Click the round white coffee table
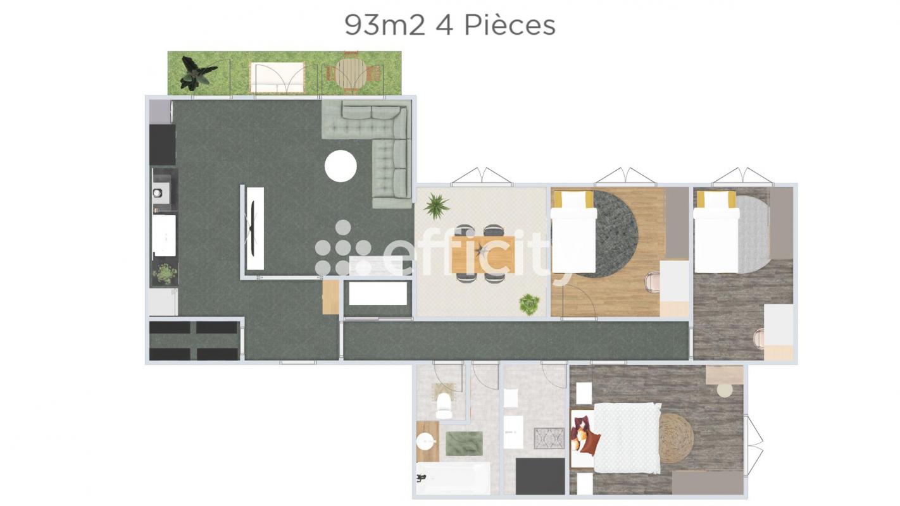click(x=341, y=166)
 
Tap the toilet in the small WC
click(x=444, y=405)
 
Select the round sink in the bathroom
click(x=426, y=442)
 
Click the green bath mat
click(x=464, y=444)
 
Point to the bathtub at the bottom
click(x=453, y=478)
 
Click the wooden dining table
click(x=484, y=255)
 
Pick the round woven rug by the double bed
click(x=676, y=438)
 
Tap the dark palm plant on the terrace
click(x=197, y=73)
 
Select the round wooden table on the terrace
click(x=351, y=73)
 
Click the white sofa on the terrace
click(x=277, y=77)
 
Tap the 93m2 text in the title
click(x=385, y=26)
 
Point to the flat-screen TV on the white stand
click(x=253, y=227)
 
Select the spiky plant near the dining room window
click(x=436, y=206)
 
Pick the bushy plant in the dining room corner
click(x=528, y=304)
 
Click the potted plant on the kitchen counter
click(x=165, y=274)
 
